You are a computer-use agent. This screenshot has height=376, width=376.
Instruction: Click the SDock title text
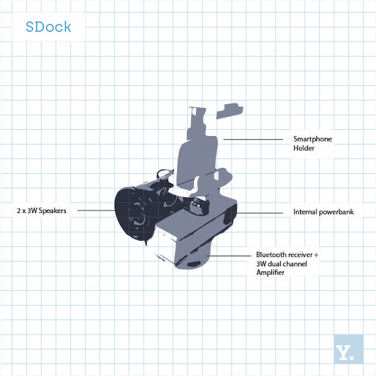(x=48, y=26)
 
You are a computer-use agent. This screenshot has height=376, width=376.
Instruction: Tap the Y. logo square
(x=348, y=349)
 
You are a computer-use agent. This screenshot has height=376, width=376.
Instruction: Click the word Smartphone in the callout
(x=313, y=139)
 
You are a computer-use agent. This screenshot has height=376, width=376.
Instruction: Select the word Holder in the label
(x=303, y=148)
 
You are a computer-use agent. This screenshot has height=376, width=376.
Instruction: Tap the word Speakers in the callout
(x=53, y=211)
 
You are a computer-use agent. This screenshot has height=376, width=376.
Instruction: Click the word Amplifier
(x=270, y=273)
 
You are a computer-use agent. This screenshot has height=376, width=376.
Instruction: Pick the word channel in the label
(x=296, y=264)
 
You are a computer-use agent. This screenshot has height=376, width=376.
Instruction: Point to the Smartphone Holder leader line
(x=253, y=139)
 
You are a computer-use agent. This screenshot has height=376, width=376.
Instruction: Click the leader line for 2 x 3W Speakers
(x=96, y=211)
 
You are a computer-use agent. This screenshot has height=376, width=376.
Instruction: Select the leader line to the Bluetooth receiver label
(x=228, y=256)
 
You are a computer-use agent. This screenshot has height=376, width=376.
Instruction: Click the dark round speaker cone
(x=133, y=214)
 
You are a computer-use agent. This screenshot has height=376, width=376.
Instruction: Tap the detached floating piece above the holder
(x=229, y=111)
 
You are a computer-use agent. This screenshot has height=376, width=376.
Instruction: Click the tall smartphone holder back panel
(x=197, y=161)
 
